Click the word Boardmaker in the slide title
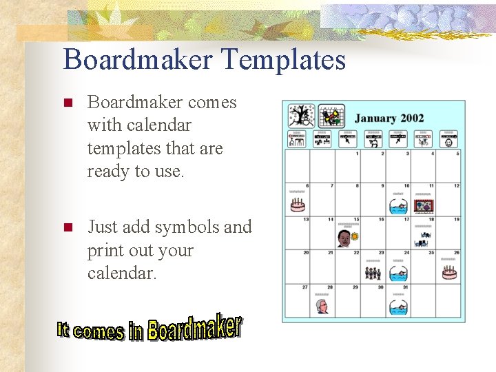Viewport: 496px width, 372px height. pyautogui.click(x=138, y=60)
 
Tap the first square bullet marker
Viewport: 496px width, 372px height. pyautogui.click(x=68, y=103)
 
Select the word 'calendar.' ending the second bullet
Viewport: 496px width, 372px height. pyautogui.click(x=123, y=273)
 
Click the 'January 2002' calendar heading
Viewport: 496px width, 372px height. pyautogui.click(x=389, y=118)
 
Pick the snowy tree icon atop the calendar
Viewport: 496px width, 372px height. pyautogui.click(x=300, y=115)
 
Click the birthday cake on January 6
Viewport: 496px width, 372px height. pyautogui.click(x=298, y=205)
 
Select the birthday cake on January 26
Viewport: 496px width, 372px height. pyautogui.click(x=449, y=272)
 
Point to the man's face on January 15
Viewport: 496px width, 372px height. pyautogui.click(x=344, y=239)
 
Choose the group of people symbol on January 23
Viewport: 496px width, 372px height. pyautogui.click(x=373, y=273)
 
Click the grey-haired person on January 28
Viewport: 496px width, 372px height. pyautogui.click(x=322, y=306)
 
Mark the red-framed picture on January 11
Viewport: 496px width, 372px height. pyautogui.click(x=423, y=205)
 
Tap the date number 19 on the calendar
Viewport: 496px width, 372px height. pyautogui.click(x=457, y=220)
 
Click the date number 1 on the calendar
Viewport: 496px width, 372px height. pyautogui.click(x=357, y=154)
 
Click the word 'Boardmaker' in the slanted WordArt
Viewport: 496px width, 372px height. pyautogui.click(x=194, y=328)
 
